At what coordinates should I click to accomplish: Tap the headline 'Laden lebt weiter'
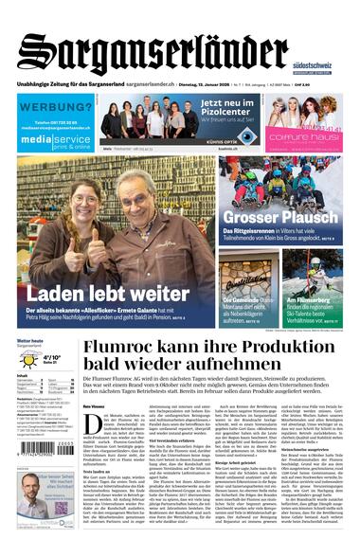(x=95, y=293)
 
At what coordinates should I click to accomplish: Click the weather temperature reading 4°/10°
(x=52, y=358)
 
